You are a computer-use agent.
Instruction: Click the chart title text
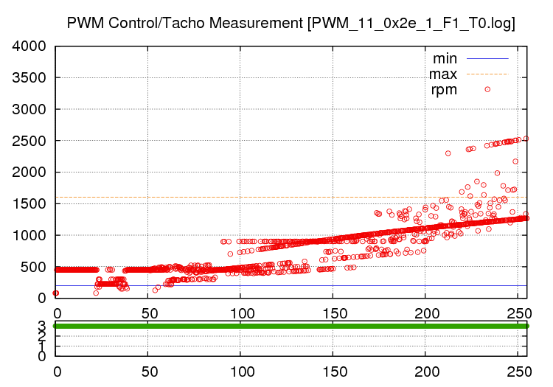(x=291, y=23)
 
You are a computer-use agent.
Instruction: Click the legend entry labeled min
(x=445, y=57)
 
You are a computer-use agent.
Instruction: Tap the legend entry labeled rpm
(x=445, y=90)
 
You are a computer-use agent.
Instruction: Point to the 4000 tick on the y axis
(x=29, y=46)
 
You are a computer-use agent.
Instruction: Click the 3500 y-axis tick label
(x=29, y=78)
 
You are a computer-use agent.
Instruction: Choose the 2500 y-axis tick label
(x=29, y=141)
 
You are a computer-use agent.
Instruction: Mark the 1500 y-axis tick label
(x=29, y=204)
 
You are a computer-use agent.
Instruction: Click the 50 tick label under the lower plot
(x=148, y=372)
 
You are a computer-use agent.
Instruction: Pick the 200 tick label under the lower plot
(x=425, y=372)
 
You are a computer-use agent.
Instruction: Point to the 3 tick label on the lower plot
(x=42, y=325)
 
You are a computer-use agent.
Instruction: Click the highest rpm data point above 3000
(x=487, y=89)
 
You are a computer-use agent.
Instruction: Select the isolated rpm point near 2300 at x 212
(x=448, y=153)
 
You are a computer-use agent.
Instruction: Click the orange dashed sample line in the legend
(x=487, y=74)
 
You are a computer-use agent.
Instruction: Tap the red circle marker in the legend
(x=487, y=90)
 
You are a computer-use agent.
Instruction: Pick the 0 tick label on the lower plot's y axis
(x=42, y=356)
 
